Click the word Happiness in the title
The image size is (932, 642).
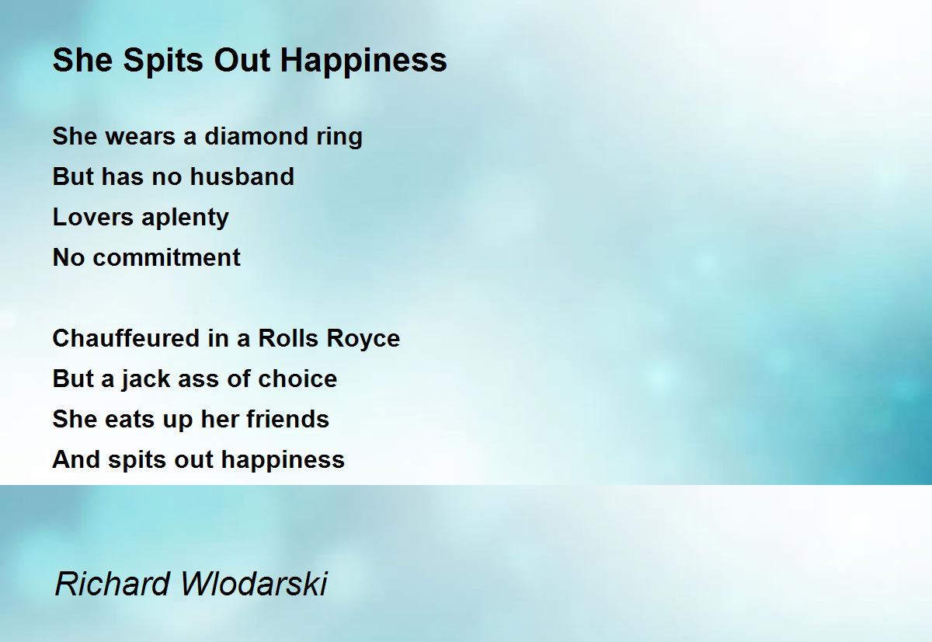point(363,61)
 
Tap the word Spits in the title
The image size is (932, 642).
point(163,61)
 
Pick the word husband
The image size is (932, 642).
point(242,176)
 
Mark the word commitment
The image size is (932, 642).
point(166,257)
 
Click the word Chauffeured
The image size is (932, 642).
point(127,338)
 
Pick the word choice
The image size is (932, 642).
point(297,379)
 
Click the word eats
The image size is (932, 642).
point(130,420)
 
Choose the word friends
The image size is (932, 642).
point(288,419)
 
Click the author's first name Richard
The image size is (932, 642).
point(113,584)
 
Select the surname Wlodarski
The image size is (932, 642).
point(254,584)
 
